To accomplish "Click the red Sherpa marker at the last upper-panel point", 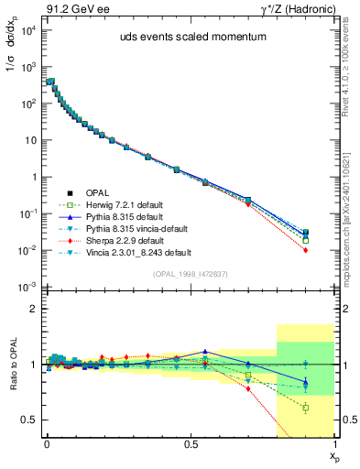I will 306,250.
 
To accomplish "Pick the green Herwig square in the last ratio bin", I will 306,408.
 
